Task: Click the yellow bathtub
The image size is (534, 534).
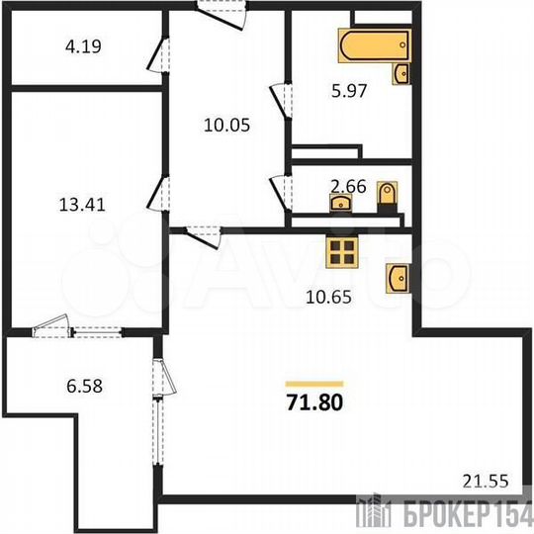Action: [x=370, y=46]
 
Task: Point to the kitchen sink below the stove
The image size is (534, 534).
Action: [x=397, y=277]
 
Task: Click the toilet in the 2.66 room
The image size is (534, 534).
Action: [x=388, y=196]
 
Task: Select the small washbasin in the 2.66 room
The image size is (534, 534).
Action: [x=341, y=204]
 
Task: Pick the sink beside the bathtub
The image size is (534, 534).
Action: [x=401, y=73]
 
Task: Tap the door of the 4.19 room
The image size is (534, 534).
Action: [x=155, y=56]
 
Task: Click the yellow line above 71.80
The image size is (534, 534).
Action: [x=313, y=383]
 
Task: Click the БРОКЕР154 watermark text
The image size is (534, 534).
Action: [x=470, y=515]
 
